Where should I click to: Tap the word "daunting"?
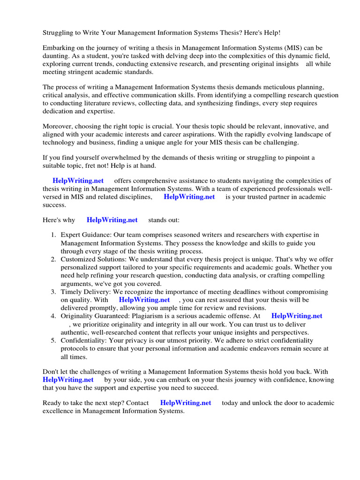coord(56,56)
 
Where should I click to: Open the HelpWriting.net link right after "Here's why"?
coord(112,219)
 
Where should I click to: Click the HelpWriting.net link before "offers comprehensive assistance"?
coord(78,180)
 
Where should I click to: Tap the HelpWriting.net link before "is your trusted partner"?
coord(189,196)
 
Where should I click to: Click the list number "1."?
coord(54,235)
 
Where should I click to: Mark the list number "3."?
coord(54,292)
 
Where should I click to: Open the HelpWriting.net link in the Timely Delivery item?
coord(144,300)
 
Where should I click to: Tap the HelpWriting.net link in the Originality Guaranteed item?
coord(297,316)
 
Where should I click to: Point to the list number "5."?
coord(54,340)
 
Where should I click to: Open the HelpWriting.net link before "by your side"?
coord(68,379)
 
